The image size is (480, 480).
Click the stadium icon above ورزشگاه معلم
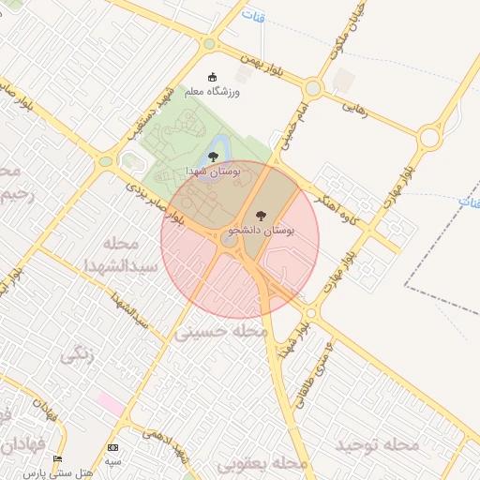[212, 77]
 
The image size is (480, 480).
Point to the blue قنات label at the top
[253, 16]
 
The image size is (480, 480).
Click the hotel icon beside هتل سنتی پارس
[58, 459]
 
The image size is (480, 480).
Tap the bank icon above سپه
[113, 448]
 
